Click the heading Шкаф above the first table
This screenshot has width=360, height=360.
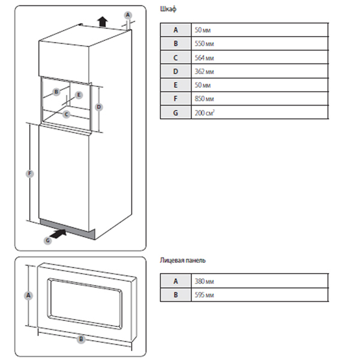[x=169, y=10]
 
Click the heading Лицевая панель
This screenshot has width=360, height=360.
[x=183, y=261]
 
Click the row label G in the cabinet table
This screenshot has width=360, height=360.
[x=175, y=112]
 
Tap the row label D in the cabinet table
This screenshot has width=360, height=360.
[x=175, y=71]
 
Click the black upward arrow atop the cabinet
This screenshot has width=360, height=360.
[x=103, y=20]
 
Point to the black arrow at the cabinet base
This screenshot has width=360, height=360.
[x=56, y=236]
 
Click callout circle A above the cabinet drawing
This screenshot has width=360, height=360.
[x=127, y=14]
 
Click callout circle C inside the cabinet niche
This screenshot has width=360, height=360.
[x=67, y=113]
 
